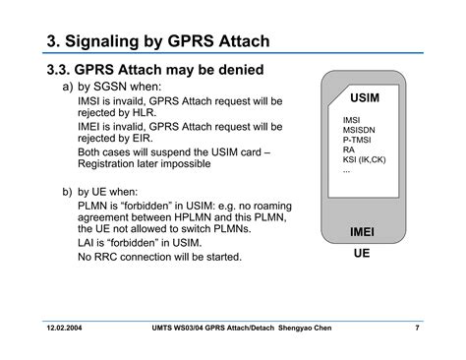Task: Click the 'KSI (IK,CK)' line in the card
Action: tap(364, 159)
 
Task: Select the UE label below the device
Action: tap(362, 253)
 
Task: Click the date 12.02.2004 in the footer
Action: tap(64, 328)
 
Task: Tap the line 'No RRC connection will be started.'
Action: tap(159, 257)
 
